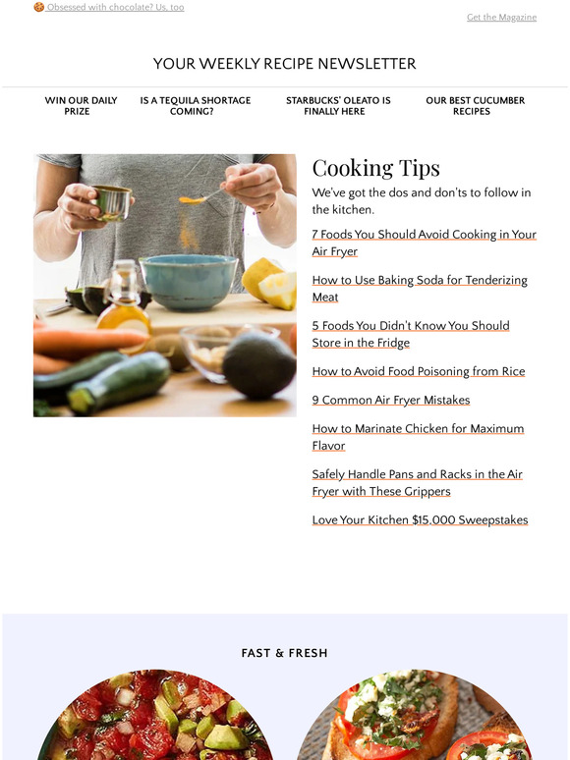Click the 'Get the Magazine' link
pyautogui.click(x=501, y=18)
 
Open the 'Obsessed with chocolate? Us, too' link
pyautogui.click(x=115, y=7)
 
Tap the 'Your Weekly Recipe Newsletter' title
pyautogui.click(x=284, y=64)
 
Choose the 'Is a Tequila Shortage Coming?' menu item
pyautogui.click(x=195, y=106)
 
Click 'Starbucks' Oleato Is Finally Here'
pyautogui.click(x=338, y=106)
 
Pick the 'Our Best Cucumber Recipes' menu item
pyautogui.click(x=475, y=106)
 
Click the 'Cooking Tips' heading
pyautogui.click(x=376, y=168)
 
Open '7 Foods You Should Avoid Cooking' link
pyautogui.click(x=424, y=243)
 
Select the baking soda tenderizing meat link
pyautogui.click(x=419, y=288)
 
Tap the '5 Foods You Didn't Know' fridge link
pyautogui.click(x=410, y=334)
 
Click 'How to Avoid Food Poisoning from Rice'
pyautogui.click(x=418, y=371)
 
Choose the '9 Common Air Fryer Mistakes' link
pyautogui.click(x=390, y=400)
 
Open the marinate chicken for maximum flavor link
pyautogui.click(x=418, y=437)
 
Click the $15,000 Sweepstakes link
pyautogui.click(x=420, y=519)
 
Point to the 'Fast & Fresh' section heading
pyautogui.click(x=284, y=653)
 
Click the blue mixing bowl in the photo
pyautogui.click(x=188, y=280)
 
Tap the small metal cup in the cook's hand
pyautogui.click(x=112, y=202)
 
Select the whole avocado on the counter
pyautogui.click(x=257, y=362)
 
